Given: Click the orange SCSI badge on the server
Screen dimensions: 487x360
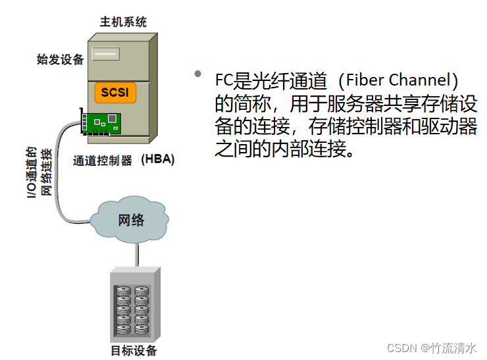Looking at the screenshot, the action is [115, 91].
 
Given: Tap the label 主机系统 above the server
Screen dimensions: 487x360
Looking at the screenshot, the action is [122, 22].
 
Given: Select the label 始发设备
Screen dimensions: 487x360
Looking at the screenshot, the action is [61, 60].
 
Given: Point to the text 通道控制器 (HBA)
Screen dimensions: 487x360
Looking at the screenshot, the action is [123, 160].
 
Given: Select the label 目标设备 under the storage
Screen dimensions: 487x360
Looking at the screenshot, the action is [134, 349].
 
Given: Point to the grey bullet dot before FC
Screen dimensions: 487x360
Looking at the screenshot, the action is [197, 74].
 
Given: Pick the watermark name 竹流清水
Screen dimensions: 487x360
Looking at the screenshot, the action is [457, 347].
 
